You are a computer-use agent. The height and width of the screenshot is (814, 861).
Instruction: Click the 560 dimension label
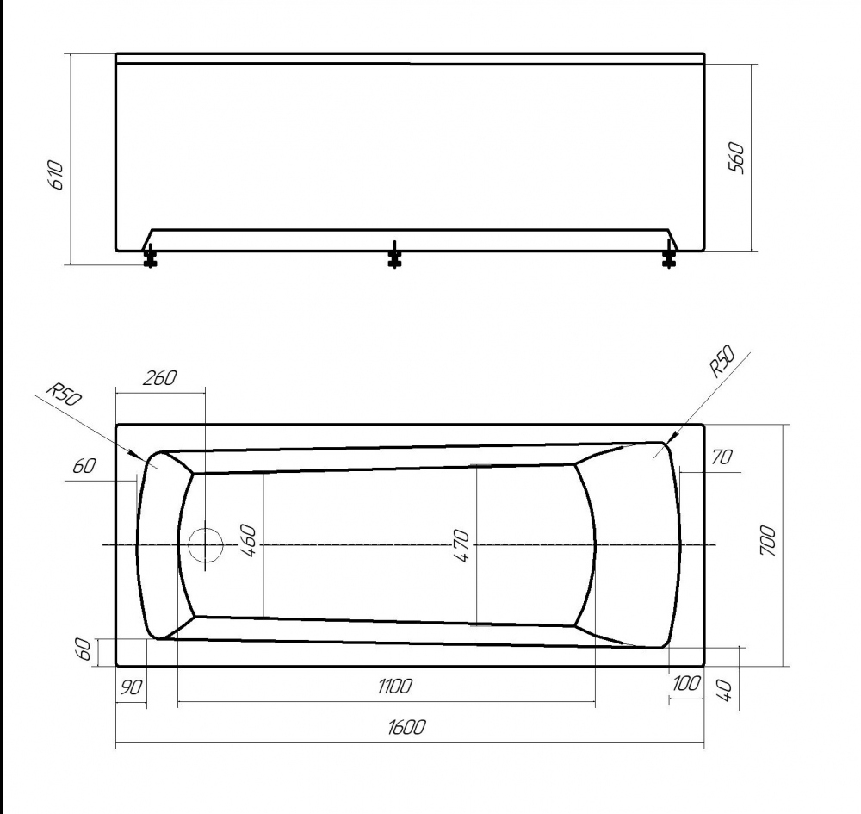737,158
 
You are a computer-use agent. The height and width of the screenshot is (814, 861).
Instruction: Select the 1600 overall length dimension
407,728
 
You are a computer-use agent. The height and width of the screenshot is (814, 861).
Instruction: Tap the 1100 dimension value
394,687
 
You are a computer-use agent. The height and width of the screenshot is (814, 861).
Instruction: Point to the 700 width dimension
769,541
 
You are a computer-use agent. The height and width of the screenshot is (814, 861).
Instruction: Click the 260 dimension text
159,377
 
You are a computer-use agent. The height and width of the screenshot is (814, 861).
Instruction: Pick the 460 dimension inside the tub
249,540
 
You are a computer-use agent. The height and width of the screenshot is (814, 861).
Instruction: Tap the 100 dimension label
686,684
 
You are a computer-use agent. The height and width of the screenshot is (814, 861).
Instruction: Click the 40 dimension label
724,689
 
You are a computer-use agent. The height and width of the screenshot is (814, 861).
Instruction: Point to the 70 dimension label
721,457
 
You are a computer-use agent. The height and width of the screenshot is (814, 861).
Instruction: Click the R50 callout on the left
63,394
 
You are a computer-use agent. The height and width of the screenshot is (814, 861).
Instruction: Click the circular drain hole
205,546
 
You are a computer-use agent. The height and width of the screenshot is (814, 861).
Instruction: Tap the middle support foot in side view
394,256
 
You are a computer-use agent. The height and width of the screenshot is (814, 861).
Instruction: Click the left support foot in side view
150,256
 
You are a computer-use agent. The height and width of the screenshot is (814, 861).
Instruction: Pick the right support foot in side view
668,256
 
